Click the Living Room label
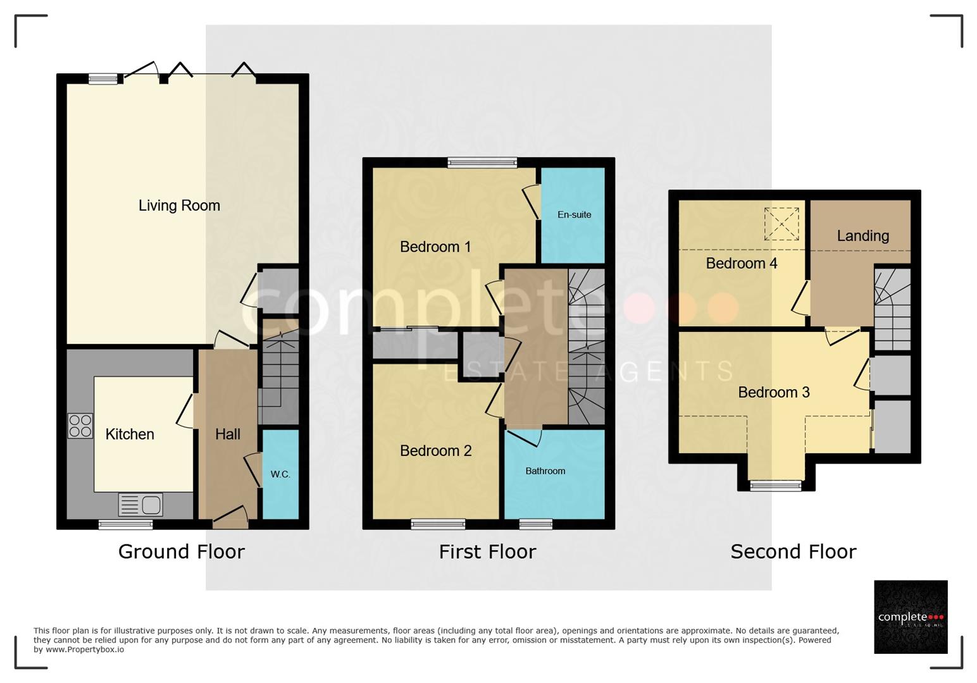(x=179, y=206)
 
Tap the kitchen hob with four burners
(x=80, y=426)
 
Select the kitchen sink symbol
(x=140, y=505)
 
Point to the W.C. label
(x=280, y=474)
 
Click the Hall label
(x=228, y=434)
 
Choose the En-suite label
(x=574, y=215)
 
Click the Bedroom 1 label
(x=435, y=247)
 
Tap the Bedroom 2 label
(x=435, y=451)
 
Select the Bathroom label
(x=545, y=471)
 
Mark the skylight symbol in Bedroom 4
(x=781, y=224)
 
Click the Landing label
(x=862, y=236)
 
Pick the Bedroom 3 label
(x=774, y=392)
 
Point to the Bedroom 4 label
(x=742, y=263)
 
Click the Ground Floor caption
(x=182, y=552)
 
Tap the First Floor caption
(x=487, y=552)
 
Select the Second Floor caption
(x=793, y=552)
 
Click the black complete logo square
(x=911, y=617)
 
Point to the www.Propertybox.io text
(x=85, y=649)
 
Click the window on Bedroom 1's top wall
(x=482, y=163)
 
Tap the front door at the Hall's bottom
(x=230, y=519)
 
